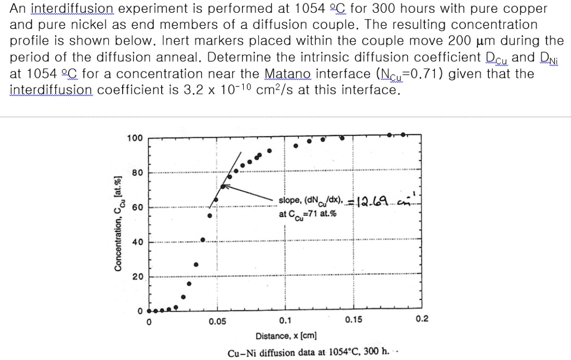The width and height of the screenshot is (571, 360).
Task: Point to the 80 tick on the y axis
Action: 137,173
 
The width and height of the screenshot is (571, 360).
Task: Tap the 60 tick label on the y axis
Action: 137,208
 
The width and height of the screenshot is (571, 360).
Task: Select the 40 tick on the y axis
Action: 137,242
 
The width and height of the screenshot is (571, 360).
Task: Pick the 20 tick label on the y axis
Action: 137,277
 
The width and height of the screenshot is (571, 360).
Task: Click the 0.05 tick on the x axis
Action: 217,322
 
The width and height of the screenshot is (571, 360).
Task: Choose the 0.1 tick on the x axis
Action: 284,321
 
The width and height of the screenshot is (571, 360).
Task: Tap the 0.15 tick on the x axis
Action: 353,320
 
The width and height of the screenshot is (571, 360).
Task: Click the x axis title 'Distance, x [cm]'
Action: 286,336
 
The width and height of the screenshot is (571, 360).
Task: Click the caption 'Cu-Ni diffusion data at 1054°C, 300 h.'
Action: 308,352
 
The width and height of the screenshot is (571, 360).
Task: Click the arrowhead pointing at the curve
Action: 224,187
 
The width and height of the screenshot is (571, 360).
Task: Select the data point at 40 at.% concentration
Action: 203,240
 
